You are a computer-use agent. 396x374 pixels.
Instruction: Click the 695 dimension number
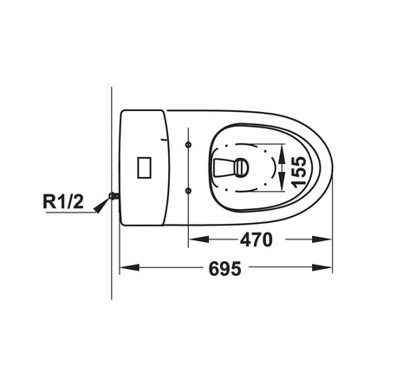(225, 269)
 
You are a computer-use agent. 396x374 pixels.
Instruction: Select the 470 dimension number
(256, 239)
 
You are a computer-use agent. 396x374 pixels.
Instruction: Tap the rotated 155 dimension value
(298, 172)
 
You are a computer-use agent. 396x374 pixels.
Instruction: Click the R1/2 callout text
(63, 201)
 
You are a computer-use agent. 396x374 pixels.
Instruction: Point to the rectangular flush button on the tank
(145, 167)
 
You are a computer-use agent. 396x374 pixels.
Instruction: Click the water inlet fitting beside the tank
(114, 196)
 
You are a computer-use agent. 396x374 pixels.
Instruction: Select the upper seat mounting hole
(188, 144)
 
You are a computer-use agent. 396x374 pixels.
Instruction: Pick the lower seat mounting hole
(188, 190)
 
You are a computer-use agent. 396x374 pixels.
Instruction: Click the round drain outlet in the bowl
(241, 167)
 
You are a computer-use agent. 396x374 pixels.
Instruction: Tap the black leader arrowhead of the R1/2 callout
(101, 206)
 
